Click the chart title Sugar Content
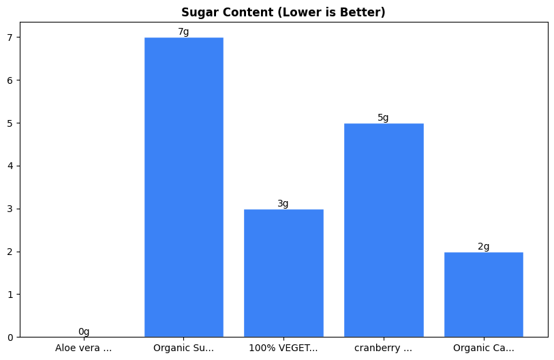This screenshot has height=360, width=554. [283, 12]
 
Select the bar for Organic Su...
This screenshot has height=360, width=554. [183, 187]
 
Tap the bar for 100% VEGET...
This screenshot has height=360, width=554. [283, 273]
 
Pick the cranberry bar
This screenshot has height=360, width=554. [383, 230]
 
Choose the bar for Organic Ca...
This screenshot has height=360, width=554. [483, 294]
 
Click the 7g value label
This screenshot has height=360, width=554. [183, 32]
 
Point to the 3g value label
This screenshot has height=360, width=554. [283, 204]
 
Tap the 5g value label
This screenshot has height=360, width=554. [383, 118]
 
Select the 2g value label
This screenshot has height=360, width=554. [483, 247]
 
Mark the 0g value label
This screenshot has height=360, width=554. [84, 332]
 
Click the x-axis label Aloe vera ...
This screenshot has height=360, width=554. [84, 348]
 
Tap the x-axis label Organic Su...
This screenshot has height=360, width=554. [183, 348]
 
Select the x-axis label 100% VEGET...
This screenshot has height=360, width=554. [283, 348]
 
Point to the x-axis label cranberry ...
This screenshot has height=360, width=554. [383, 348]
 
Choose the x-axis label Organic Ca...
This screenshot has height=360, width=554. [483, 348]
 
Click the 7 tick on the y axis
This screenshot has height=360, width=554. [10, 37]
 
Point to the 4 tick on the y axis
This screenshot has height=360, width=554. [10, 166]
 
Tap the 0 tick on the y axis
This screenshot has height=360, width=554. [10, 337]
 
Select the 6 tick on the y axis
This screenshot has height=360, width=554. [10, 80]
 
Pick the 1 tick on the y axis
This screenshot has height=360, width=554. [10, 295]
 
